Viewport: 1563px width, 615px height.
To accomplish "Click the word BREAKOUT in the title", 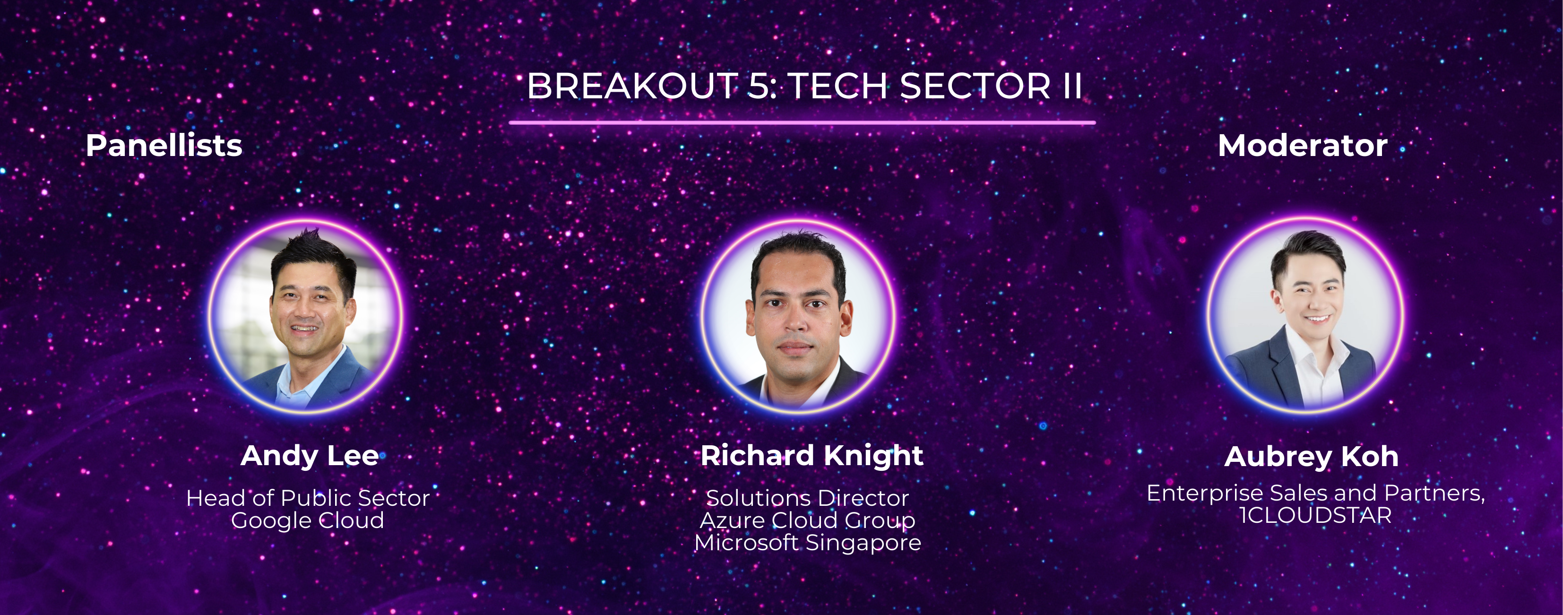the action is click(631, 86).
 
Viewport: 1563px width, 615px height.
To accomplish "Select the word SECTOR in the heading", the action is click(975, 86).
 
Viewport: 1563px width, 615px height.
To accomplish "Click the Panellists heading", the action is click(164, 146).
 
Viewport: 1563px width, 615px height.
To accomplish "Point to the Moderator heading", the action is click(1303, 146).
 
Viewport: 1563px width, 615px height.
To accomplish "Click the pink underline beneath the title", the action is click(802, 122).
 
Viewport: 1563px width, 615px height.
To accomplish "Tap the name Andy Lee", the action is click(310, 457).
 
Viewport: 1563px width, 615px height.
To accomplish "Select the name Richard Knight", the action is click(812, 457).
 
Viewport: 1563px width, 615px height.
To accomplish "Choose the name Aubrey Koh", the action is click(1311, 457).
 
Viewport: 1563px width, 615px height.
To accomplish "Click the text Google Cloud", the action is click(308, 521).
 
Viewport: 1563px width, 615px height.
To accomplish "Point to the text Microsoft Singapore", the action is click(808, 543).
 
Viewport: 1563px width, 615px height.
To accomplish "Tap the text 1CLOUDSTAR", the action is click(1315, 515).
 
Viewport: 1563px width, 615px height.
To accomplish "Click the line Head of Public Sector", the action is click(308, 498).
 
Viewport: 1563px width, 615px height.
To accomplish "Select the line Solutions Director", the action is click(808, 498).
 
